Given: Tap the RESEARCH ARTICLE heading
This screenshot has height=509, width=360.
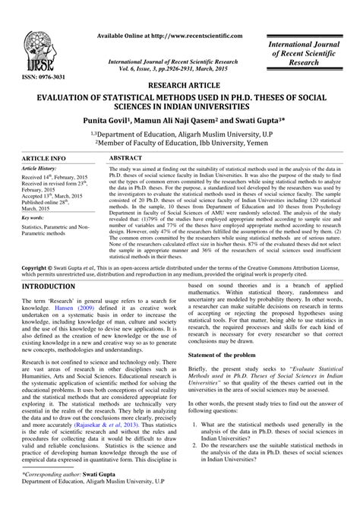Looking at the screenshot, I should tap(180, 86).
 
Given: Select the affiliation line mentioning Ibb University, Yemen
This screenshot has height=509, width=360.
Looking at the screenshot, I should tap(179, 141).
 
